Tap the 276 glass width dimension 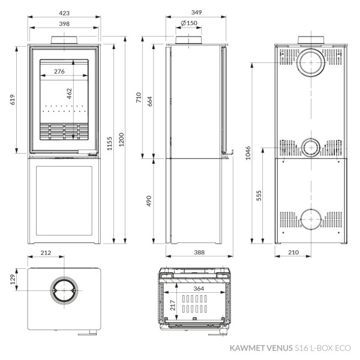59,71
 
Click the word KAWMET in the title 247,347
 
